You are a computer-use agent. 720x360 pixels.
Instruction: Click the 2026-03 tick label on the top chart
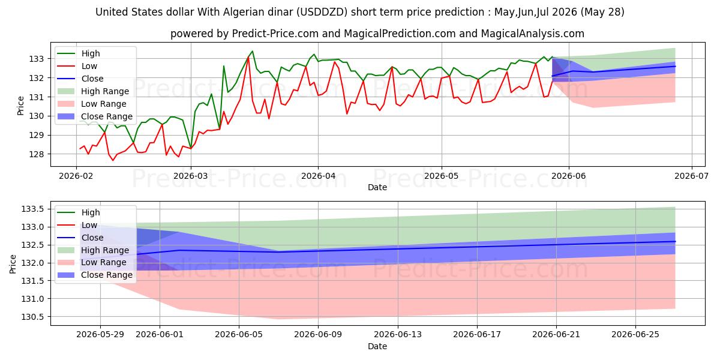(x=191, y=176)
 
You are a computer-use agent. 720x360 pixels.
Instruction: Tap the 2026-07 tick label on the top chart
(x=691, y=176)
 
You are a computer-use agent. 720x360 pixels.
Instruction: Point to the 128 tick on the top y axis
(x=37, y=154)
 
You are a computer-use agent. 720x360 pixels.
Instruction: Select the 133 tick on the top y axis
(x=37, y=59)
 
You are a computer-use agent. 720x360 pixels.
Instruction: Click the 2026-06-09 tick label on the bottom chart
(x=318, y=335)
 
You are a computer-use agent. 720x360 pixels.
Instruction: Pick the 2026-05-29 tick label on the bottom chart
(x=100, y=335)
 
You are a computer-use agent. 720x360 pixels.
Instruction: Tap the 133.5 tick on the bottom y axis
(x=32, y=209)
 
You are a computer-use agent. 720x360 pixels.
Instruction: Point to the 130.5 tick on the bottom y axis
(x=32, y=317)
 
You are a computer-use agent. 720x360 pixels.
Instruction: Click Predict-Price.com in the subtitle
(x=275, y=34)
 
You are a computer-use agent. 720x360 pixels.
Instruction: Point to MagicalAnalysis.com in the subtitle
(x=533, y=34)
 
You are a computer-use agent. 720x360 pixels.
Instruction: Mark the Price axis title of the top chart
(x=20, y=106)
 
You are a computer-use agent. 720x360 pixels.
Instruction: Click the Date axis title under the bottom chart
(x=377, y=346)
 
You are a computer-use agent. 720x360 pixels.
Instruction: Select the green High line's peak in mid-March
(x=253, y=51)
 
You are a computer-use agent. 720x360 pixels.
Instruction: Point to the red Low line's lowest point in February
(x=113, y=160)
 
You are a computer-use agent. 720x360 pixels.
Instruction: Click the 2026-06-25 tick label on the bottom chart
(x=635, y=335)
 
